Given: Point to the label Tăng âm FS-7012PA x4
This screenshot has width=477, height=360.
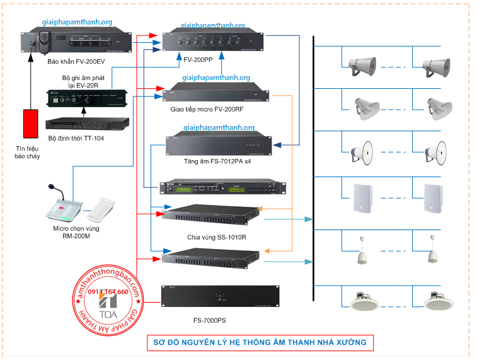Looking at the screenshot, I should pos(207,161).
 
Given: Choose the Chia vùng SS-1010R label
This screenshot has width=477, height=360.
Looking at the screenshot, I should pos(209,238).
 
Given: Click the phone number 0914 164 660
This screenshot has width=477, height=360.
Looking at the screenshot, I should pos(108,292).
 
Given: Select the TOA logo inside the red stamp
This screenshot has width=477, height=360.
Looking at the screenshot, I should pos(104,307).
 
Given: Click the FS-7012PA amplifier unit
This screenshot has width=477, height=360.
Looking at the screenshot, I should pos(219,144).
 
